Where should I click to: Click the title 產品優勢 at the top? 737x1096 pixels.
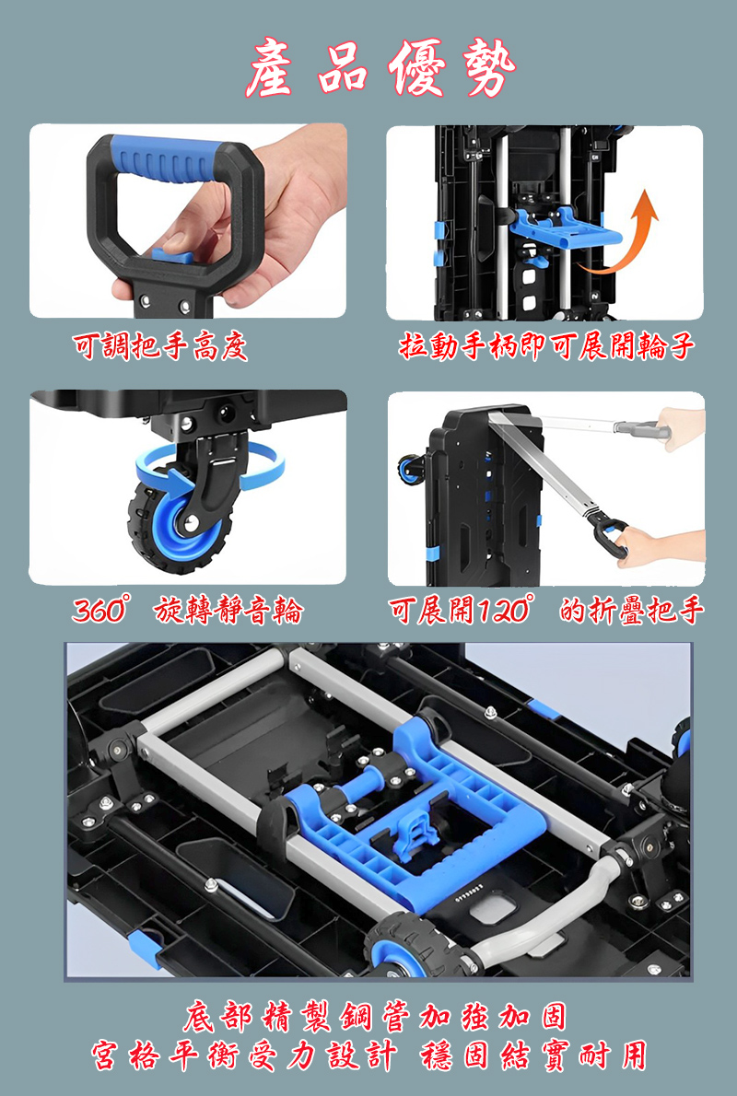pyautogui.click(x=380, y=68)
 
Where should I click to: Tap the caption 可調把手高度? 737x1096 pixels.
pyautogui.click(x=160, y=346)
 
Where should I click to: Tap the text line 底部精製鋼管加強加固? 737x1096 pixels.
pyautogui.click(x=375, y=1017)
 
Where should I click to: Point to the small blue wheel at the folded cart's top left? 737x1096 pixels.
pyautogui.click(x=411, y=467)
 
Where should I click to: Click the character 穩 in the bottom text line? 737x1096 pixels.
pyautogui.click(x=439, y=1055)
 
